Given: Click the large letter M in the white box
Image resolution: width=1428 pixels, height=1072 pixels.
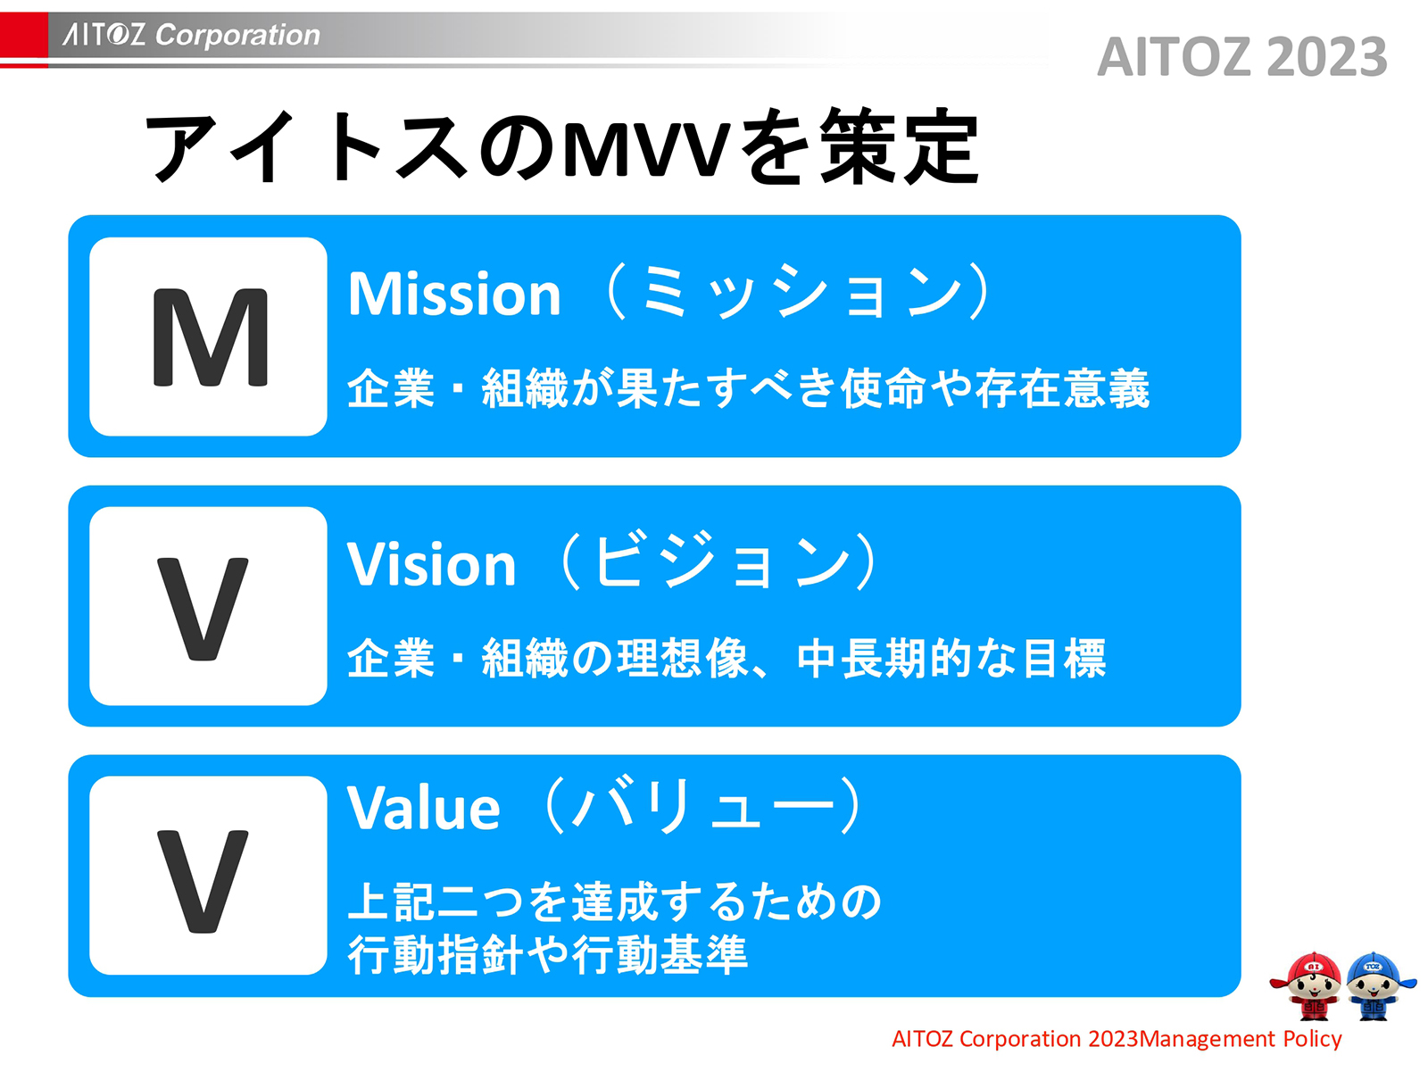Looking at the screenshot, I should [x=210, y=337].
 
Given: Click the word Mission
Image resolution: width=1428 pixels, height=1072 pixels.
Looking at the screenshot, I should [x=454, y=295].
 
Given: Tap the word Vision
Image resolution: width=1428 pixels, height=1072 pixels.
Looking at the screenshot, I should [x=432, y=565].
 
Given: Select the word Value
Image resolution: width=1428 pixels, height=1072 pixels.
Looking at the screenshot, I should [x=424, y=809].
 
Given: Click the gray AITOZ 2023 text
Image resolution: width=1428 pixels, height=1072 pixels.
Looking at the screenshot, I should [x=1241, y=57].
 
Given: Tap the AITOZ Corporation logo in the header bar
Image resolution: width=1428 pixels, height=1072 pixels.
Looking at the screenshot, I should [x=191, y=35].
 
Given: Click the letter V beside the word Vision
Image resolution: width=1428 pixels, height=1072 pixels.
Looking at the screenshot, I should [x=203, y=608].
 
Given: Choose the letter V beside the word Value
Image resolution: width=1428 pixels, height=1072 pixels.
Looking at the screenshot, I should [x=203, y=880].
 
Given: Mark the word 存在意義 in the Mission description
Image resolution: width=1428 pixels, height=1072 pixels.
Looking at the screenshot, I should [x=1062, y=389].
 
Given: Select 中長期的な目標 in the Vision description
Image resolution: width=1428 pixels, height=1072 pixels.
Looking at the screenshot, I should [x=951, y=660].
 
